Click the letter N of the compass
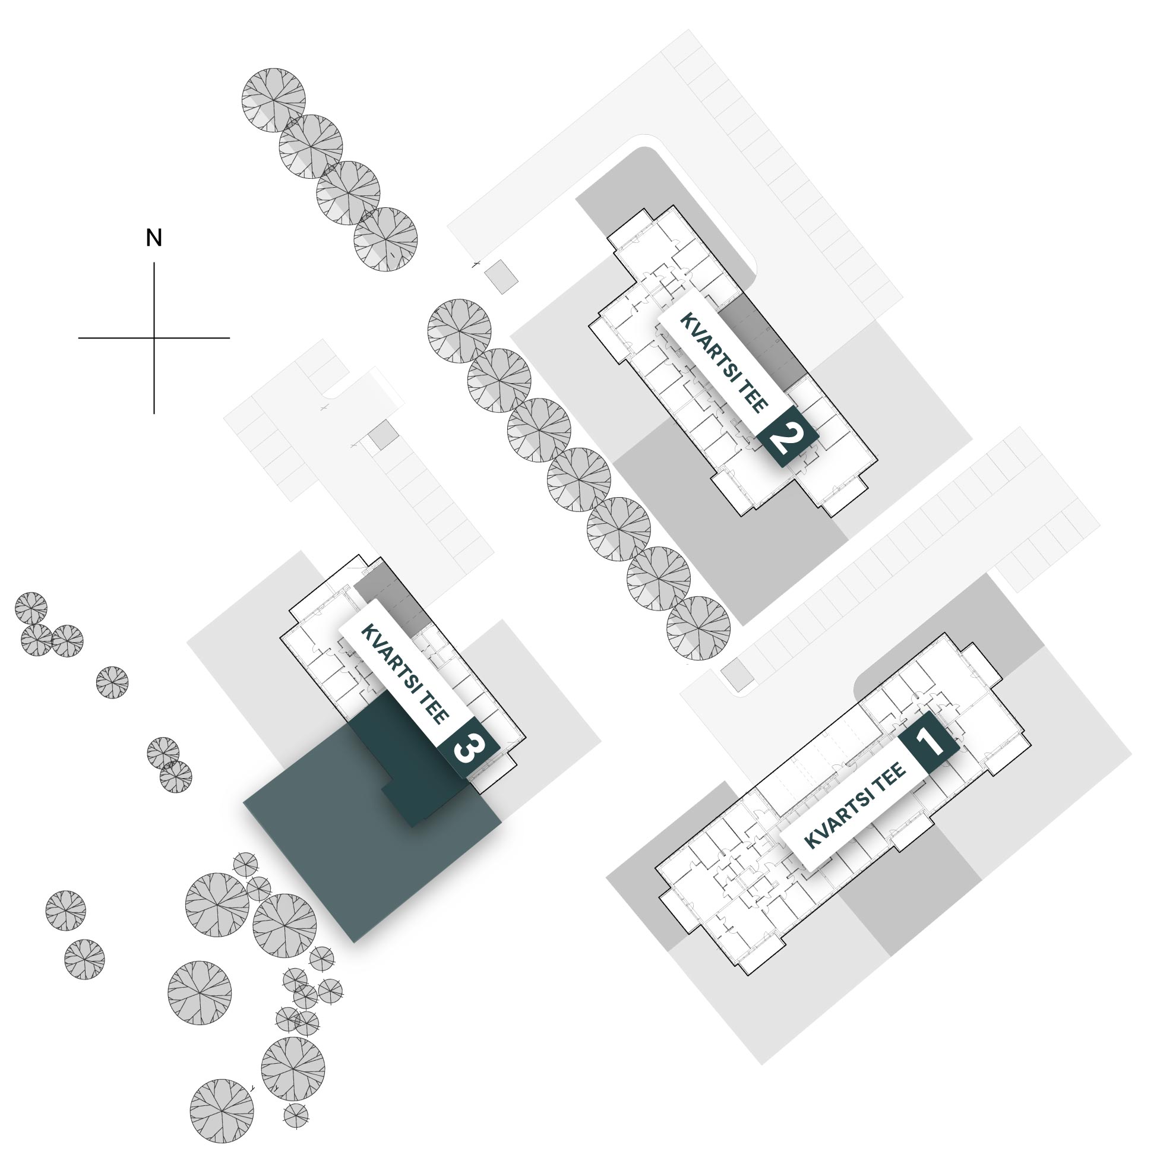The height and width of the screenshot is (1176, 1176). [x=154, y=238]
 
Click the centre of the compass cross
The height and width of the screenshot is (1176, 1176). [x=154, y=338]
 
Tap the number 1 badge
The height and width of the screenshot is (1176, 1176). [x=929, y=742]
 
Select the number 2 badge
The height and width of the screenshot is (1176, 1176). [x=788, y=436]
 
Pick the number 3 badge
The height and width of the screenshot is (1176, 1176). [x=469, y=748]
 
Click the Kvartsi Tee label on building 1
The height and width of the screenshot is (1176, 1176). [x=855, y=805]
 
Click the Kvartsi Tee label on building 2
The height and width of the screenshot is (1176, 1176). [x=724, y=362]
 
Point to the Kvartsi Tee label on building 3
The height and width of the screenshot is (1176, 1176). [x=405, y=673]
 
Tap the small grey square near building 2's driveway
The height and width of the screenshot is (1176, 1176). [x=501, y=277]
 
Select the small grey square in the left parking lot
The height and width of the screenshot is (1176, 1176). [x=384, y=435]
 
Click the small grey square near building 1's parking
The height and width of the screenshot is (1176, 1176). [x=738, y=675]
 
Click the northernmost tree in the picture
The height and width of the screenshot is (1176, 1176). [x=273, y=100]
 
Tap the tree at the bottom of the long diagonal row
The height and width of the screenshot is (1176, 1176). [x=698, y=628]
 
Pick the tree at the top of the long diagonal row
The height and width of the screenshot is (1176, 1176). [x=459, y=331]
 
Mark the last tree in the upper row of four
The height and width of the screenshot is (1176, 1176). [x=385, y=239]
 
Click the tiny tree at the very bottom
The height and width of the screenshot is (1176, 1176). [x=296, y=1114]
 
